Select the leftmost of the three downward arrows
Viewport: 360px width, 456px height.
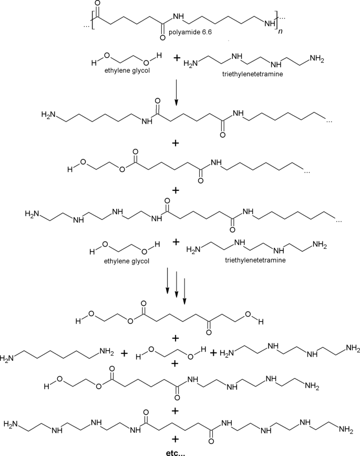pos(167,282)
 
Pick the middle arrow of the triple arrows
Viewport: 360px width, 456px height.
pos(176,285)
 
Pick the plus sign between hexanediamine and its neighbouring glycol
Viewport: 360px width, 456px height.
pos(124,353)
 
